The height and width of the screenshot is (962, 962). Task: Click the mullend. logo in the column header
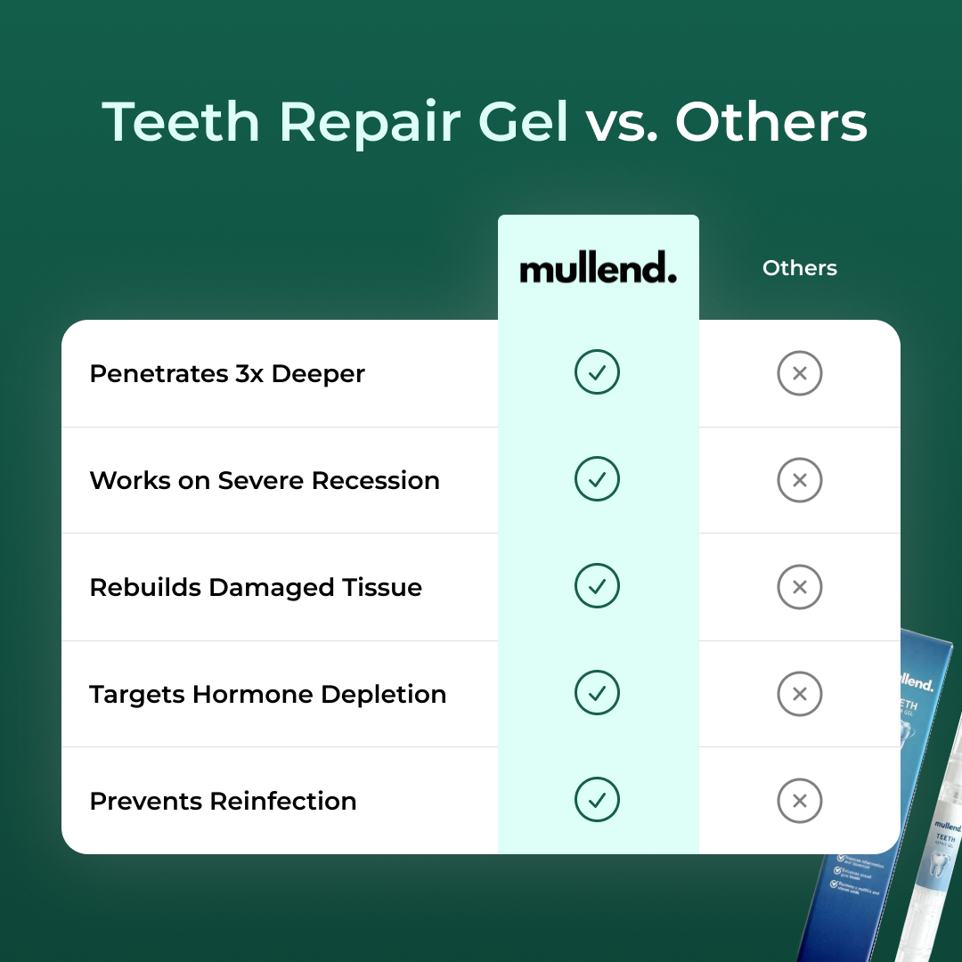click(598, 268)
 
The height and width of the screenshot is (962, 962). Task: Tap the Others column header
click(800, 268)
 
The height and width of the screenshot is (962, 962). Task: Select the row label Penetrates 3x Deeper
click(227, 374)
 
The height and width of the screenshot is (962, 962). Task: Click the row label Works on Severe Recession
click(265, 481)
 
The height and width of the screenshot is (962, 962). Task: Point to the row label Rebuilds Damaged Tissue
click(256, 588)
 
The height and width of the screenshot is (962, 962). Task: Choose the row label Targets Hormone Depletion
click(267, 695)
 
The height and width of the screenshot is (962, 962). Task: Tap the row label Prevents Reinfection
click(223, 802)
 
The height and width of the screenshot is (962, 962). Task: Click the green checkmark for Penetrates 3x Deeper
click(597, 373)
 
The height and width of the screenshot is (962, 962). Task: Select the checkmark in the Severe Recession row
click(597, 480)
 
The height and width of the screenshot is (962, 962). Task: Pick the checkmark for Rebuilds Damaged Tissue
click(597, 587)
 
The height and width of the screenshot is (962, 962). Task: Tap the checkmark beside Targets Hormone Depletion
click(597, 694)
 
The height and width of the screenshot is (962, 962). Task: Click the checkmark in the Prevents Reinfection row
click(597, 801)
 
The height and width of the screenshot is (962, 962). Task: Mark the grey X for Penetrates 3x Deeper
click(799, 373)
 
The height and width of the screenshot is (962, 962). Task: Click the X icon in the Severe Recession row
click(799, 480)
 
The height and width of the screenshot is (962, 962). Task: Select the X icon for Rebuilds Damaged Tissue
click(799, 587)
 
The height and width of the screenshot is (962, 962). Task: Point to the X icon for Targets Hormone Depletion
click(799, 694)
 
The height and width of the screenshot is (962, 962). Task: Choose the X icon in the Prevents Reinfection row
click(799, 801)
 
